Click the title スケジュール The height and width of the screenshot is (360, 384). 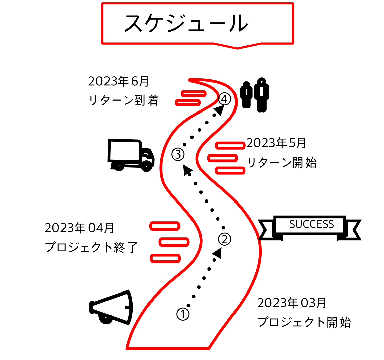click(x=186, y=24)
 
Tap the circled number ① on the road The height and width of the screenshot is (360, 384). click(x=183, y=314)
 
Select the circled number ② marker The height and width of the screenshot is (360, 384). click(x=225, y=239)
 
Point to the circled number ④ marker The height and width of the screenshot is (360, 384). click(x=224, y=99)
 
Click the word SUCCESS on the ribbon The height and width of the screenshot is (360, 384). click(x=311, y=224)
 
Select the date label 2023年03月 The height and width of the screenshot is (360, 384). click(x=292, y=303)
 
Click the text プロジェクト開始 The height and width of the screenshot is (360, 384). click(x=304, y=322)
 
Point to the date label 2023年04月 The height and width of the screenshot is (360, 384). click(x=79, y=228)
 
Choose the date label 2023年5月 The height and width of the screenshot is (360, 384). click(x=276, y=143)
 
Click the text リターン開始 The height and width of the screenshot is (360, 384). click(x=282, y=163)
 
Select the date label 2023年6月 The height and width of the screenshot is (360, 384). click(x=118, y=81)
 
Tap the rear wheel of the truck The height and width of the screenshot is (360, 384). click(x=118, y=166)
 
